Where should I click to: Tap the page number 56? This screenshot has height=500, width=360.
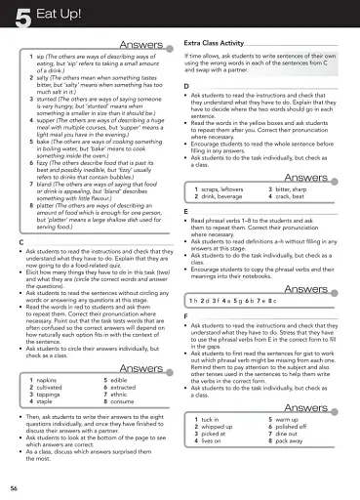click(14, 486)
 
